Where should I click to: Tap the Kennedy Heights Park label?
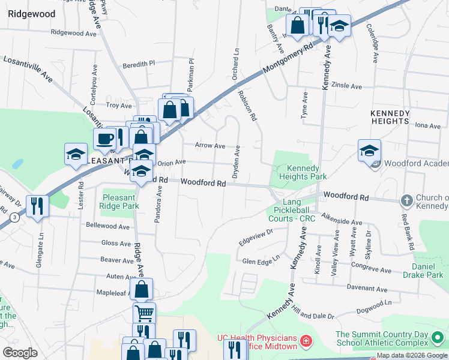point(306,172)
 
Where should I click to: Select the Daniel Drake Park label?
point(427,270)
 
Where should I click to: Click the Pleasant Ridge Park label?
point(121,201)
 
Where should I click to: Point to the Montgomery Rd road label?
point(288,58)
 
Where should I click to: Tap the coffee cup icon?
point(106,139)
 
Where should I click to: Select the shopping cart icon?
point(144,312)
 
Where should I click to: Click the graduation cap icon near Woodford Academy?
point(369,150)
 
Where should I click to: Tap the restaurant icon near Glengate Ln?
point(38,206)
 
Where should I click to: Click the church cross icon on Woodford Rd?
point(406,200)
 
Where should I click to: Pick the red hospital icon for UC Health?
point(306,341)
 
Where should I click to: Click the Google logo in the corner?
point(20,352)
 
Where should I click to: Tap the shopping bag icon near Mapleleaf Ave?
point(142,289)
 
